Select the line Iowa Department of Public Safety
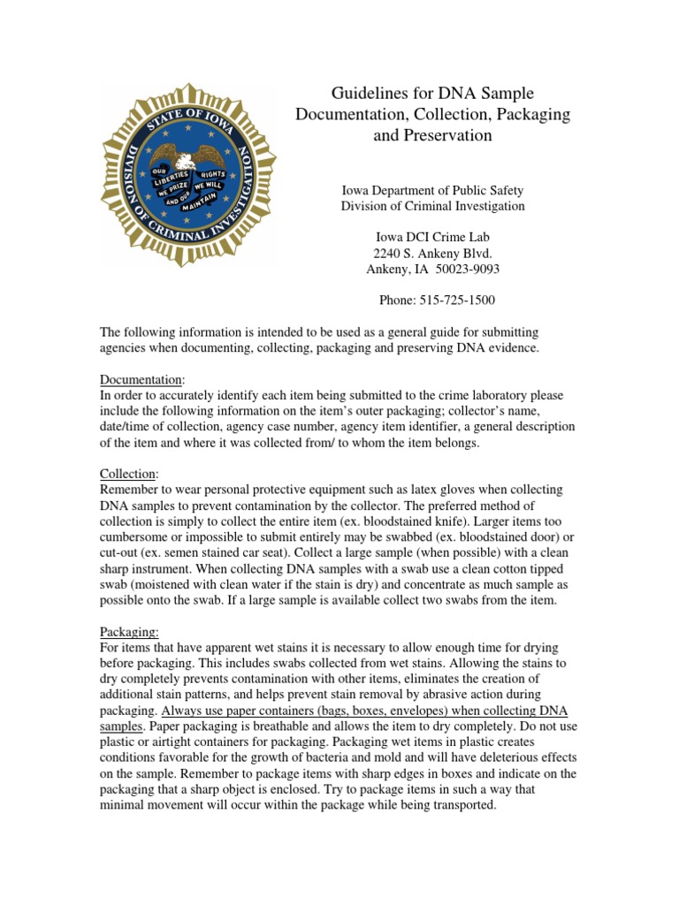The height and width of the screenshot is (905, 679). point(432,190)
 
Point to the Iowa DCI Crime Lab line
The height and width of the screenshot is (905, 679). point(432,237)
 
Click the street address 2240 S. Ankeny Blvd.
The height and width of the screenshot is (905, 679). point(432,253)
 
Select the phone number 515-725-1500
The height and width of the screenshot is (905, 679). point(456,300)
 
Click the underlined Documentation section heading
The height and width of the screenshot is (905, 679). point(141,379)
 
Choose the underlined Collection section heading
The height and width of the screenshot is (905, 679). point(128,474)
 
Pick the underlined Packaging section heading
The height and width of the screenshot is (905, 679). point(129,632)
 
